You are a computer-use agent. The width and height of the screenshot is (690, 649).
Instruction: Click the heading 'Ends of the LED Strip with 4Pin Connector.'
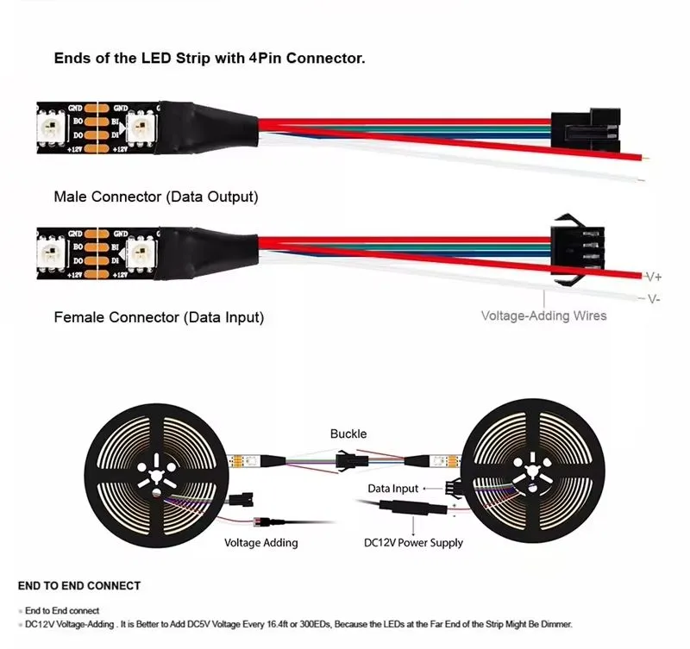pos(210,59)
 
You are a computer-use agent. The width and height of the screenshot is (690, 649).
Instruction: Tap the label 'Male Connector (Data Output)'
pos(155,197)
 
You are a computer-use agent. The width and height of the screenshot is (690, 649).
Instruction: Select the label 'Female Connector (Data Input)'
pos(159,317)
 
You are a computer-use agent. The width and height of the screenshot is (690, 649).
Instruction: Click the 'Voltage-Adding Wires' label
pos(543,315)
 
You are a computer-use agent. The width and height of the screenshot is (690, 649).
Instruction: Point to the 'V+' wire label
pos(654,277)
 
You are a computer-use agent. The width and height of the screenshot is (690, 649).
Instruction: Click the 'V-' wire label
pos(654,298)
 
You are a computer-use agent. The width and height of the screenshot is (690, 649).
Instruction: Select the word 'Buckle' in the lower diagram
pos(348,434)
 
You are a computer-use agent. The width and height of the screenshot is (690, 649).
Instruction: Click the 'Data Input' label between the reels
pos(392,489)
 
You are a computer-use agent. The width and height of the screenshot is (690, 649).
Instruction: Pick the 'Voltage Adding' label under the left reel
pos(260,543)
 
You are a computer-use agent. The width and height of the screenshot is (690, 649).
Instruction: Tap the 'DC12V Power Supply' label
pos(413,543)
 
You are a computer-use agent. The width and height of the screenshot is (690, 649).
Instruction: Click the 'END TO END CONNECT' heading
pos(79,586)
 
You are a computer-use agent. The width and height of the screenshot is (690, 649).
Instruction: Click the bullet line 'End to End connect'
pos(62,610)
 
